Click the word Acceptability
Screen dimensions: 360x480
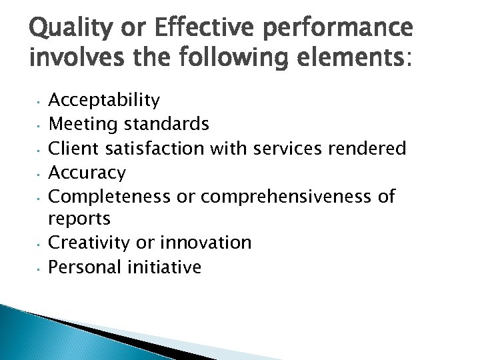[105, 101]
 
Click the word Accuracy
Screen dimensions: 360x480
[88, 173]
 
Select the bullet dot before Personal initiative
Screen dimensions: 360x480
[39, 269]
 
